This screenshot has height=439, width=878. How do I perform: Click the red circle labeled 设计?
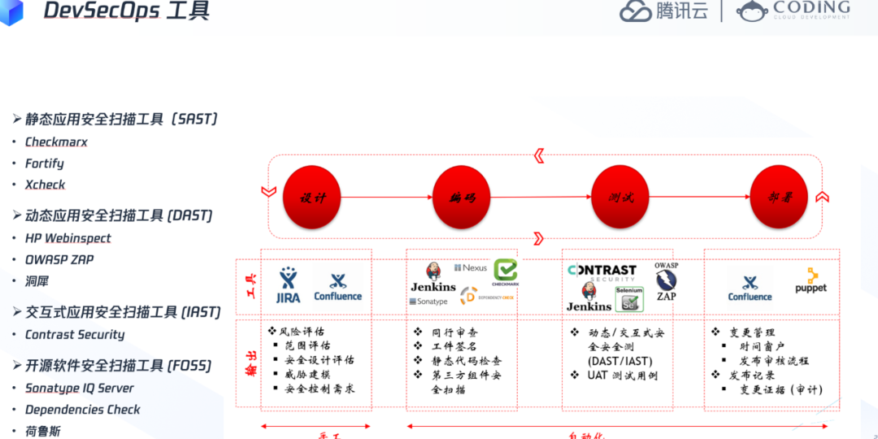point(311,197)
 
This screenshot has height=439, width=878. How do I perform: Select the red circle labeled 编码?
point(462,197)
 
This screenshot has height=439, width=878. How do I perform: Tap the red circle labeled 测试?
point(620,197)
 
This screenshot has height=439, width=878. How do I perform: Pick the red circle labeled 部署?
point(778,197)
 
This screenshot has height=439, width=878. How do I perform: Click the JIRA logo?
point(288,285)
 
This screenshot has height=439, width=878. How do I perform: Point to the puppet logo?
point(811,280)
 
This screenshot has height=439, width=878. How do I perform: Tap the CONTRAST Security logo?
point(602,273)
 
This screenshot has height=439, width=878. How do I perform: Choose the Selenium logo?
point(629,299)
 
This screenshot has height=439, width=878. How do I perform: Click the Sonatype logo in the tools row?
point(428,302)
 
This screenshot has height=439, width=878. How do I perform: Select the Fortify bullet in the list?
point(44,163)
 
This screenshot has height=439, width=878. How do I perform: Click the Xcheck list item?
point(45,185)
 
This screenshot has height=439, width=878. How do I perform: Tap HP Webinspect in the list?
point(67,238)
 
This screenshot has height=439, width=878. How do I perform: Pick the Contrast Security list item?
point(75,334)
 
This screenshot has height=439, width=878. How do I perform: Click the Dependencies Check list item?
point(82,410)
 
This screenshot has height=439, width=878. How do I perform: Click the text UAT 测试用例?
point(622,376)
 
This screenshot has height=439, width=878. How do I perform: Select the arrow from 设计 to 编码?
point(385,197)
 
